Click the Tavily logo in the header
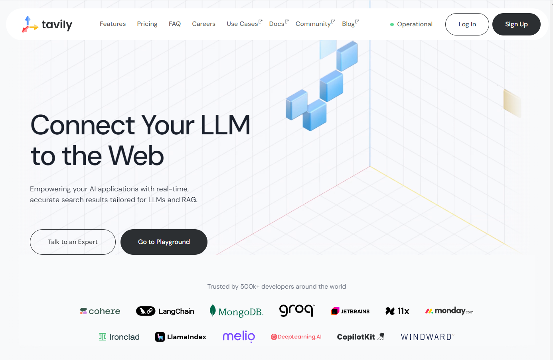pyautogui.click(x=47, y=24)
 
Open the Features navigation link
pyautogui.click(x=113, y=24)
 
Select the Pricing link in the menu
pyautogui.click(x=147, y=24)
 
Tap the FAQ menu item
pyautogui.click(x=175, y=24)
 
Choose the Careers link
pyautogui.click(x=203, y=24)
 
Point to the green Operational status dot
pyautogui.click(x=392, y=24)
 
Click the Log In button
pyautogui.click(x=467, y=24)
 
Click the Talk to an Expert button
pyautogui.click(x=73, y=242)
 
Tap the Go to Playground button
pyautogui.click(x=164, y=242)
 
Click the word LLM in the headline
pyautogui.click(x=225, y=125)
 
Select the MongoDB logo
pyautogui.click(x=237, y=311)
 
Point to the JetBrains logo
pyautogui.click(x=350, y=311)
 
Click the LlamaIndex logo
pyautogui.click(x=181, y=337)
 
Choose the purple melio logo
pyautogui.click(x=239, y=336)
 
